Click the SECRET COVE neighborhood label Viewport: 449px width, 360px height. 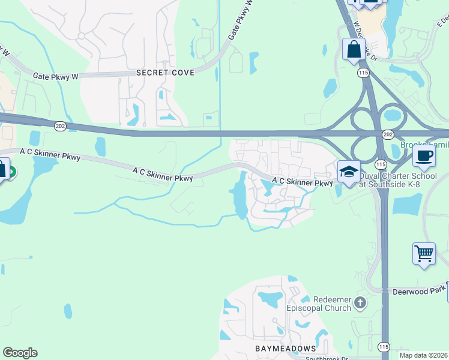coord(165,73)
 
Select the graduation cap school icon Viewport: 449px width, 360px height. coord(349,172)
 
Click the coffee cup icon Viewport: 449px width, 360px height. coord(424,156)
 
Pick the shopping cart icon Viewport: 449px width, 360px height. coord(424,253)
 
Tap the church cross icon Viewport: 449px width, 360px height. coord(360,302)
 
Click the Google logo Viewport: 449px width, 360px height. coord(20,353)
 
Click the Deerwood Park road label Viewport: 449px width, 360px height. coord(420,292)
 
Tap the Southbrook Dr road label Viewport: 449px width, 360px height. coord(327,358)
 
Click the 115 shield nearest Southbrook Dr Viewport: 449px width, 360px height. coord(384,347)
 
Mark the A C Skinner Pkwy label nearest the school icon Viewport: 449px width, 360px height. coord(302,182)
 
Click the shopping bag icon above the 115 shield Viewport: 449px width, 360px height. coord(354,50)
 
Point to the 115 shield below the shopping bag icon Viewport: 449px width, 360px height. coord(362,72)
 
